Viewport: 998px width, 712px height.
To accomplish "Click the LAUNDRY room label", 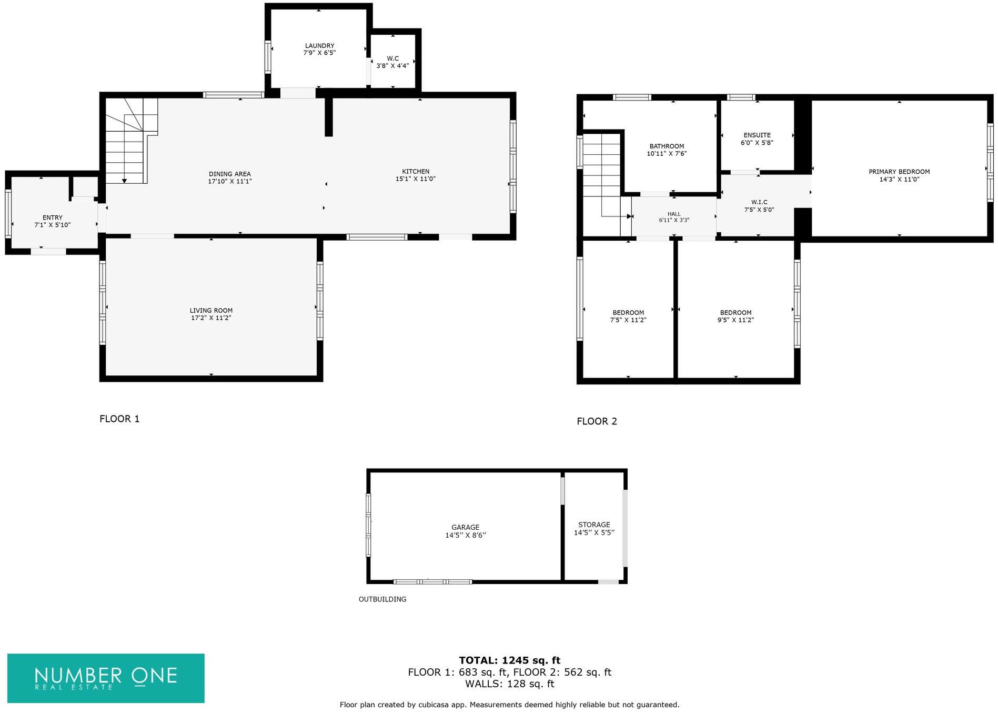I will click(x=319, y=46).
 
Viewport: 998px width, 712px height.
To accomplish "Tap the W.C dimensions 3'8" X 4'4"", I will click(x=392, y=66).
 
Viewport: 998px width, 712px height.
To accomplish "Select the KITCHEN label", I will click(x=416, y=171).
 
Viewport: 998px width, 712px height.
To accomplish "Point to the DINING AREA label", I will click(x=229, y=174).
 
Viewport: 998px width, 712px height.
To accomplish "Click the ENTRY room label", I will click(x=53, y=217).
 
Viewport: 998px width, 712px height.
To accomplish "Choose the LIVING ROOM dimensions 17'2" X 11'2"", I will click(x=211, y=318).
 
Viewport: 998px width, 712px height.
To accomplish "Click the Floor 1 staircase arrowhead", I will click(x=125, y=181).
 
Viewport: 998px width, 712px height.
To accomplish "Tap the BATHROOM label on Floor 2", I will click(x=667, y=146).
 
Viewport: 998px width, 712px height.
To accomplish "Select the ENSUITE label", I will click(x=757, y=135).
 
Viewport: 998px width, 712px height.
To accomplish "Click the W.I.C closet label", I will click(x=759, y=202).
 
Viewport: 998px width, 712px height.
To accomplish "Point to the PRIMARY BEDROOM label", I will click(x=899, y=172).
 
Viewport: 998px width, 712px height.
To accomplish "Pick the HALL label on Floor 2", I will click(x=674, y=214).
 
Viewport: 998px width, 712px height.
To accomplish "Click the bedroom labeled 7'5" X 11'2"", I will click(x=628, y=316).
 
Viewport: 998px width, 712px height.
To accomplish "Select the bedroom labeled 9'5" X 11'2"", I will click(x=735, y=316).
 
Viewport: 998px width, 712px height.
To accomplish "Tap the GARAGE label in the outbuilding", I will click(x=465, y=527).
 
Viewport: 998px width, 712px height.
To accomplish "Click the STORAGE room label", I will click(x=594, y=525).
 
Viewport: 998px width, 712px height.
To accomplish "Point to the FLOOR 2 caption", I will click(x=597, y=421).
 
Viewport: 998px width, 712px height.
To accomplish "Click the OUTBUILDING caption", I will click(x=382, y=599).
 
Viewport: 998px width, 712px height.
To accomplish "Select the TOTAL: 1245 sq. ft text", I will click(x=509, y=660).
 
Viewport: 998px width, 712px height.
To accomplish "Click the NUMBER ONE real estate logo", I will click(x=106, y=678).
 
